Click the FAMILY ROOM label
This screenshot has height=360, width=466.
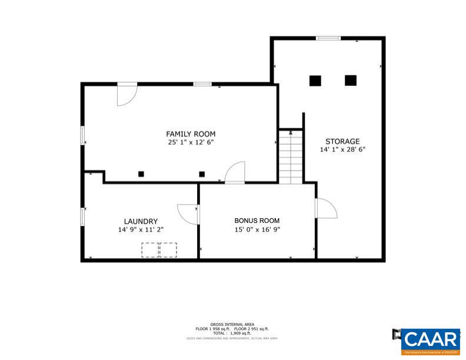click(191, 134)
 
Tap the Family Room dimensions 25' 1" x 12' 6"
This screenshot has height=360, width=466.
click(191, 142)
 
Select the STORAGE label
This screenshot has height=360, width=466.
click(342, 141)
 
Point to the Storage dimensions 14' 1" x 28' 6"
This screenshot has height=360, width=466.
click(342, 150)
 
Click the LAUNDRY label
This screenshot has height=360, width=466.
click(141, 221)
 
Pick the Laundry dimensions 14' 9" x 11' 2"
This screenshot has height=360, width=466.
click(141, 230)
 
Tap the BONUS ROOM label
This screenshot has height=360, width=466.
click(257, 221)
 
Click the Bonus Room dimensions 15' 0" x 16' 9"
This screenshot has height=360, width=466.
click(257, 230)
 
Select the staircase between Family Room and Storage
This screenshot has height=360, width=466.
click(290, 157)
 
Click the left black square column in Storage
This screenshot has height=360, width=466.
click(315, 81)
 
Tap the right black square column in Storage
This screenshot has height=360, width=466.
click(351, 81)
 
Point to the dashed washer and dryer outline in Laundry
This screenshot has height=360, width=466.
click(159, 249)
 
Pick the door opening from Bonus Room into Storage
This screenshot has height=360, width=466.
click(325, 209)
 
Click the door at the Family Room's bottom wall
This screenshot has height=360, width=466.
click(235, 173)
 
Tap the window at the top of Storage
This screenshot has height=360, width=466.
click(328, 39)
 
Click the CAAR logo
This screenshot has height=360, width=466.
click(432, 341)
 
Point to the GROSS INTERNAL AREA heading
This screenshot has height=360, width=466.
click(232, 324)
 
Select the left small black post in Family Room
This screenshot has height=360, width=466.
click(141, 174)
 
